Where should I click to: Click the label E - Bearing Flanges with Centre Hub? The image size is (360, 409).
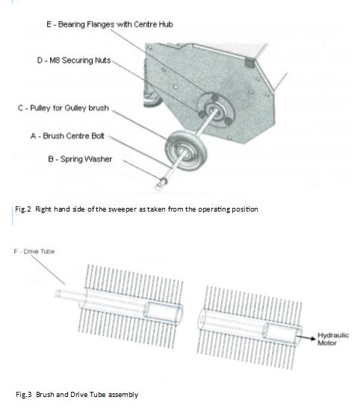(x=110, y=25)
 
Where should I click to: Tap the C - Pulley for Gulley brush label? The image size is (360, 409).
(x=63, y=108)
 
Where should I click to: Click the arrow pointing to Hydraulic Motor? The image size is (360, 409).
(x=306, y=338)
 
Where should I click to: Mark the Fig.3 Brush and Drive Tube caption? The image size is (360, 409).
(x=77, y=393)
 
